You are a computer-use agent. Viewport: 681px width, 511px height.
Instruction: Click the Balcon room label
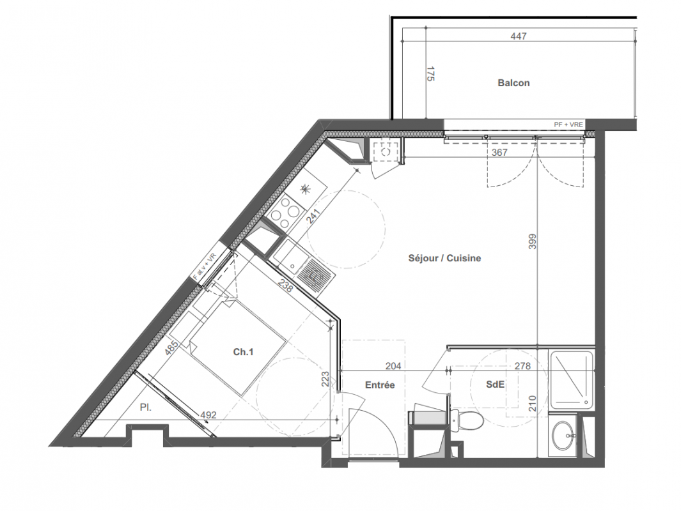click(x=513, y=83)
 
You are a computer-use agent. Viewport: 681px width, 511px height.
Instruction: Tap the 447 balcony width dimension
click(x=519, y=36)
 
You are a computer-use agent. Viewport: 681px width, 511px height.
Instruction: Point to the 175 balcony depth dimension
click(x=430, y=73)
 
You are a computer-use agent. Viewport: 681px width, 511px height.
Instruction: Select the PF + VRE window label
click(x=568, y=125)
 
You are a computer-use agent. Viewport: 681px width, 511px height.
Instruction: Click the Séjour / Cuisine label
click(x=445, y=258)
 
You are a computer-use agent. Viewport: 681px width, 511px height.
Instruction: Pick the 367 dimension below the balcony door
click(x=499, y=153)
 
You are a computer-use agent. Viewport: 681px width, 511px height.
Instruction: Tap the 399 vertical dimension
click(x=533, y=241)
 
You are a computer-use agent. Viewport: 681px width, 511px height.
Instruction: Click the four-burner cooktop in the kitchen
click(x=285, y=211)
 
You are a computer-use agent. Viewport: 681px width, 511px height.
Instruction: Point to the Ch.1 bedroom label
click(x=243, y=352)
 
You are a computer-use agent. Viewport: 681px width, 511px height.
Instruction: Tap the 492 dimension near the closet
click(x=208, y=415)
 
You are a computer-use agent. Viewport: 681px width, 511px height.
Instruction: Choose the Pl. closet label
click(x=146, y=408)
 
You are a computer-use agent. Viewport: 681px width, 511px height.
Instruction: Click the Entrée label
click(x=380, y=385)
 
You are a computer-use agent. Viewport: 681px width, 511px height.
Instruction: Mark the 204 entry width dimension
click(x=393, y=366)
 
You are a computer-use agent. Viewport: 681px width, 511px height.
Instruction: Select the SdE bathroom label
click(x=495, y=385)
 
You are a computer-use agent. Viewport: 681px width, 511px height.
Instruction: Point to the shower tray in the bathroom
click(x=572, y=381)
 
